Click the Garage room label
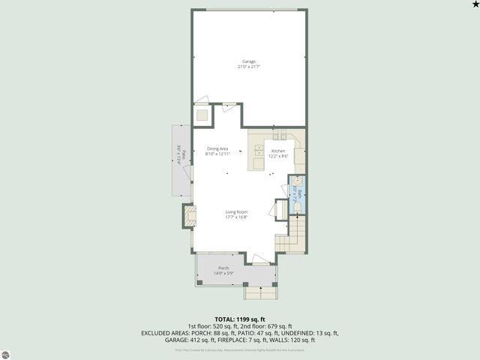click(248, 61)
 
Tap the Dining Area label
click(217, 148)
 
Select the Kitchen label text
click(278, 151)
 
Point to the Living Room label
click(236, 211)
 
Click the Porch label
click(223, 268)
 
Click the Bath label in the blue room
click(298, 194)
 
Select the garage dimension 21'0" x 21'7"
click(248, 67)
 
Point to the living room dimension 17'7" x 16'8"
click(236, 217)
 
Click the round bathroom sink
click(296, 181)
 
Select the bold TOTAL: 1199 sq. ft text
click(239, 319)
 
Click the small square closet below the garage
click(202, 115)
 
